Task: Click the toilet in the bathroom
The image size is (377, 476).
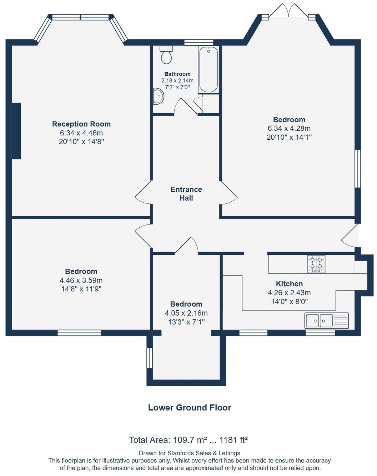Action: tap(166, 55)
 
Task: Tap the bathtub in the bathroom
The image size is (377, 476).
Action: tap(208, 69)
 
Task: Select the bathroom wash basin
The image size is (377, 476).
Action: tap(158, 97)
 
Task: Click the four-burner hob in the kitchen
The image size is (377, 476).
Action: tap(316, 264)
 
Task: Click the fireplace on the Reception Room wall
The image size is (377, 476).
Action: tap(16, 131)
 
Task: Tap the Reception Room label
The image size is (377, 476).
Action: tap(81, 124)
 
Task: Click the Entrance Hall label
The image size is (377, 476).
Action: tap(186, 193)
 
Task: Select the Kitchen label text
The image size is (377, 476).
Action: tap(289, 284)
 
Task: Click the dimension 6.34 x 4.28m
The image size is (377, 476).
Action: tap(289, 128)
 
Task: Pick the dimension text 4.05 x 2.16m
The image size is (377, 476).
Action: tap(186, 313)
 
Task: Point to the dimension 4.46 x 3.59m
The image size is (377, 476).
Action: tap(81, 280)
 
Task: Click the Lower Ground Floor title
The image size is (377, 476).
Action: tap(190, 408)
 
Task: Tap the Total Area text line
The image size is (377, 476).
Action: tap(188, 440)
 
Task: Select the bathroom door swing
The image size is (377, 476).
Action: tap(185, 106)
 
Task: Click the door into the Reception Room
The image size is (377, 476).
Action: tap(143, 195)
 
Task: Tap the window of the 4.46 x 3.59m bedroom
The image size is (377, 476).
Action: tap(79, 333)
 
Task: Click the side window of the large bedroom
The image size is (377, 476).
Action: tap(357, 169)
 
